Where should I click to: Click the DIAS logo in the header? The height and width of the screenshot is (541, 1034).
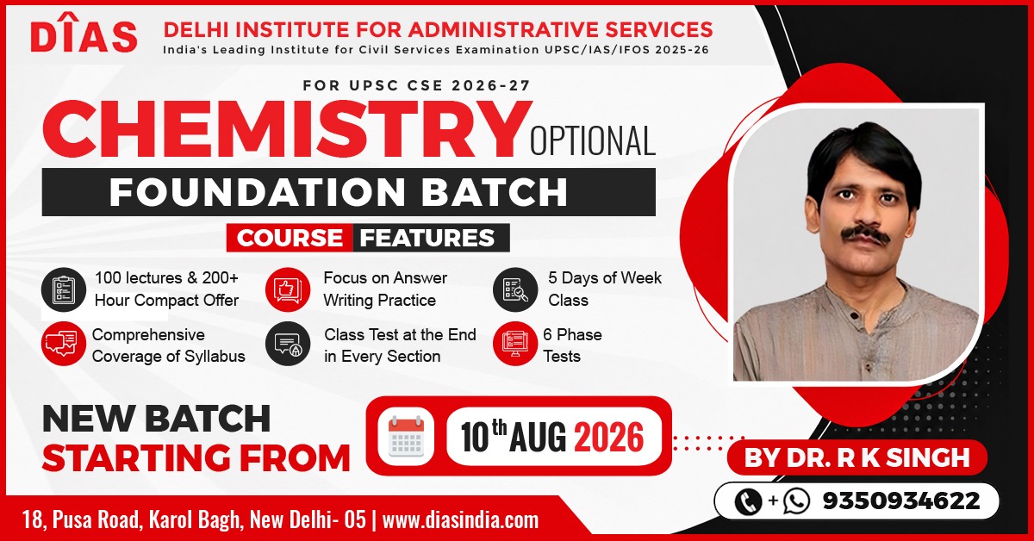pos(84,34)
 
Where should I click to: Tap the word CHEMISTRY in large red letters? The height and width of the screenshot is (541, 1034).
pos(287,131)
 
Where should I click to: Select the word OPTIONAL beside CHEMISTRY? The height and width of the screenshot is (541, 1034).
pos(593,140)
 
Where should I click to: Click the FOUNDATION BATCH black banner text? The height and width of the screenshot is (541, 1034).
pos(339,191)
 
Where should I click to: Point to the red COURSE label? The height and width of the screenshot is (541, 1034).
pos(290,238)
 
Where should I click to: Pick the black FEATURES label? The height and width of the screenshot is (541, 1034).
pos(427,238)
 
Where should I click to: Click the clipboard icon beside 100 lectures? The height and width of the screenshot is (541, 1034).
pos(64,290)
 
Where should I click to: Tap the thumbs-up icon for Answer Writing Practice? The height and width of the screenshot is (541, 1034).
pos(288,289)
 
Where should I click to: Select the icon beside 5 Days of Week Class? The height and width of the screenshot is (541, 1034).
pos(515,289)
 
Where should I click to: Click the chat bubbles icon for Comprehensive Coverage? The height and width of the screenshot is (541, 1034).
pos(64,344)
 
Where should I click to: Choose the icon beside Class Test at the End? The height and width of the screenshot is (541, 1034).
pos(288,344)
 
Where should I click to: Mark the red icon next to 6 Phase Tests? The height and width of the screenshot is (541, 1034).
pos(515,344)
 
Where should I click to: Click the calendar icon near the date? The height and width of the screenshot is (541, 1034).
pos(406,436)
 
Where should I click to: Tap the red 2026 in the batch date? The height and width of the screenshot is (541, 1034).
pos(609,437)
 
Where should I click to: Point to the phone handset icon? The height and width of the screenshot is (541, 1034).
pos(747,501)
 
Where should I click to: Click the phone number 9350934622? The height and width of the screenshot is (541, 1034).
pos(901,501)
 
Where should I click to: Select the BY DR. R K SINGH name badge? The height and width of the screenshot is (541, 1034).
pos(857,457)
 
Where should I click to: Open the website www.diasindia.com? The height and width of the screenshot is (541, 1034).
pos(461,520)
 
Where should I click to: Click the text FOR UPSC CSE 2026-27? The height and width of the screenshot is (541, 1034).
pos(417,85)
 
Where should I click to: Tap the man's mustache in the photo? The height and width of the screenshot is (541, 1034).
pos(865,234)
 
